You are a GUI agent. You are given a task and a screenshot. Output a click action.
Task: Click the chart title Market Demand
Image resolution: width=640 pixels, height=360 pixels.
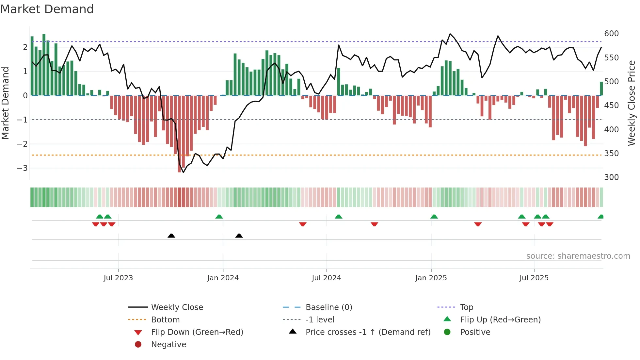coord(47,9)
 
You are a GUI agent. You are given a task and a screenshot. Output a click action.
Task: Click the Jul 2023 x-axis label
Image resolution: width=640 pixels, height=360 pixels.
coord(118,278)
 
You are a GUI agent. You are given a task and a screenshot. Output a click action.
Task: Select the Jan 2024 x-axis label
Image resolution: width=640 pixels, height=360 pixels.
coord(223,278)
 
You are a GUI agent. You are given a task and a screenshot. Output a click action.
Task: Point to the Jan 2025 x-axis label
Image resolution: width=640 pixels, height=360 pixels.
coord(431,278)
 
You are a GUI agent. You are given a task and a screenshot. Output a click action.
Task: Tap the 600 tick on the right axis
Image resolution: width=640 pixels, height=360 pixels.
coord(611,34)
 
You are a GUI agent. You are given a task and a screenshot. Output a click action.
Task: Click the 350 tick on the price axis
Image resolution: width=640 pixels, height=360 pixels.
coord(611,153)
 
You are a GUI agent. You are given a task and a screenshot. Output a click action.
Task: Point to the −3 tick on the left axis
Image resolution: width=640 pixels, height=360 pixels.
coord(22,168)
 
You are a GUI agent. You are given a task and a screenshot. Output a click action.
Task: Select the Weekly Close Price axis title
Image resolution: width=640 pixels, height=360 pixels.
coord(632,103)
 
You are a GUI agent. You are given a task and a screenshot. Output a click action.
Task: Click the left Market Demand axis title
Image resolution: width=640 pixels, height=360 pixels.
coord(5,103)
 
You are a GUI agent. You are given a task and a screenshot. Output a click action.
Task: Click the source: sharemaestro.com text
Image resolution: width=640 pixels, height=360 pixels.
coord(578,256)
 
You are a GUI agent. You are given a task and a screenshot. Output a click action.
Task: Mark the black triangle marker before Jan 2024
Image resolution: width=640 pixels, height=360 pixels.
coord(171,236)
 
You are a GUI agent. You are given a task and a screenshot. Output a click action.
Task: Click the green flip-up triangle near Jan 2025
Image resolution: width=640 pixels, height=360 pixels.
coord(434,217)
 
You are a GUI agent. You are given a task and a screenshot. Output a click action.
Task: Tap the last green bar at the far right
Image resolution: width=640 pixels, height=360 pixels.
coord(601,89)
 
